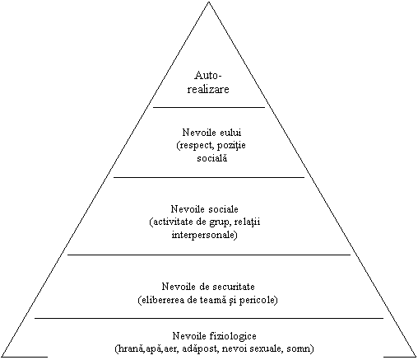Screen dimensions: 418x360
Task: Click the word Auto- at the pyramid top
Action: click(x=208, y=75)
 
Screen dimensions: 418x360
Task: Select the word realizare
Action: click(x=208, y=89)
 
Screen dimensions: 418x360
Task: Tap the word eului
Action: click(x=229, y=133)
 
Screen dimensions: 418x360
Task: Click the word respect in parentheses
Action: click(x=196, y=146)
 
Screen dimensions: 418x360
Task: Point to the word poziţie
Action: click(x=231, y=146)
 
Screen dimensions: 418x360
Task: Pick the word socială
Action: click(x=212, y=158)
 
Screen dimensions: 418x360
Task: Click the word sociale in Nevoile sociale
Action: click(x=224, y=209)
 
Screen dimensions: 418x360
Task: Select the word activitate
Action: click(x=172, y=222)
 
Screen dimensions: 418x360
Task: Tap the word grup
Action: click(x=219, y=222)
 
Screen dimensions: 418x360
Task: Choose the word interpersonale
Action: click(x=205, y=235)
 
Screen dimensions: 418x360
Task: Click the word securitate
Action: click(x=234, y=287)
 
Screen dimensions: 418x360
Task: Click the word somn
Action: click(x=300, y=349)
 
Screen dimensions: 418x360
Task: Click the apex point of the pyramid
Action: click(x=209, y=2)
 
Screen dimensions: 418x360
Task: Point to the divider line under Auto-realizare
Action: click(x=209, y=107)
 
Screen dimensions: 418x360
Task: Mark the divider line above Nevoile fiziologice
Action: click(x=209, y=318)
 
